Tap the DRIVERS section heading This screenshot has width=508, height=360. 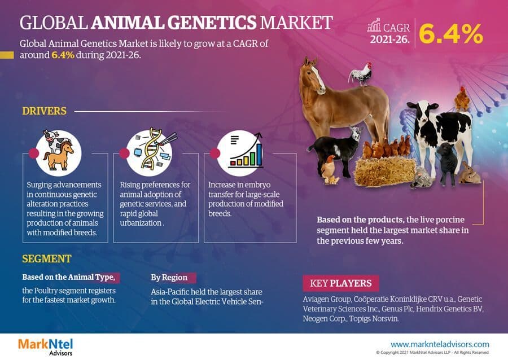44,111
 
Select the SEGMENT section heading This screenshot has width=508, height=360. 47,259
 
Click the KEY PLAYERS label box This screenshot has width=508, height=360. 341,283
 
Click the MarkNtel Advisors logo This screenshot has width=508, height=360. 45,346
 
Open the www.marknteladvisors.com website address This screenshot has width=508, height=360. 440,344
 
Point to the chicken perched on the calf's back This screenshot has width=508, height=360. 462,98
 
